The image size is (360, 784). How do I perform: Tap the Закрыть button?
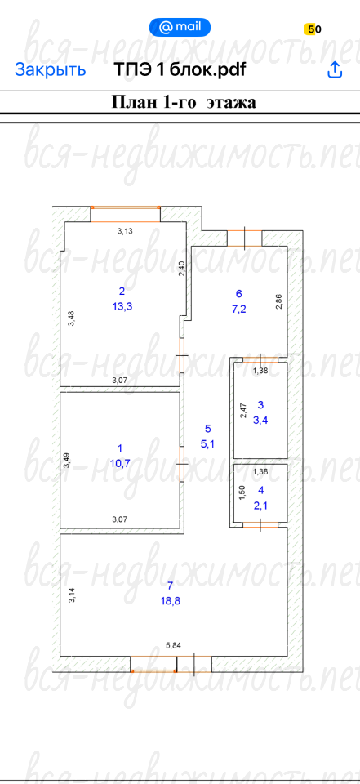50,69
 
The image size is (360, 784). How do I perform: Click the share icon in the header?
335,69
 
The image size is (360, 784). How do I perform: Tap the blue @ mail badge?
180,27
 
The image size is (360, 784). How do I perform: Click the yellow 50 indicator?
313,29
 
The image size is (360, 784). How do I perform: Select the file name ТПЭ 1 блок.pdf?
180,69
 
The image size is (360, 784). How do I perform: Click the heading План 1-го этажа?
183,102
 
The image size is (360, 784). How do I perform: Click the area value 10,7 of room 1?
120,463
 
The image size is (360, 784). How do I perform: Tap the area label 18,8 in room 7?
170,600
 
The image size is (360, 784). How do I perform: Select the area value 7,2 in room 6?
238,309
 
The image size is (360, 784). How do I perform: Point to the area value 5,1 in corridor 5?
207,443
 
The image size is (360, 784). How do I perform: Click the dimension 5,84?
173,645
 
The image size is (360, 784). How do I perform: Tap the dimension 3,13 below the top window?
125,231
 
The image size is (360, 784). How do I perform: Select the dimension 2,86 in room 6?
279,301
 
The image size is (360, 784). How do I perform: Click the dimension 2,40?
182,269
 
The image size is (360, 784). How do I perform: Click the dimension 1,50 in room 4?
242,493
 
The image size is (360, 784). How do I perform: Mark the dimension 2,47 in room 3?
243,411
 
